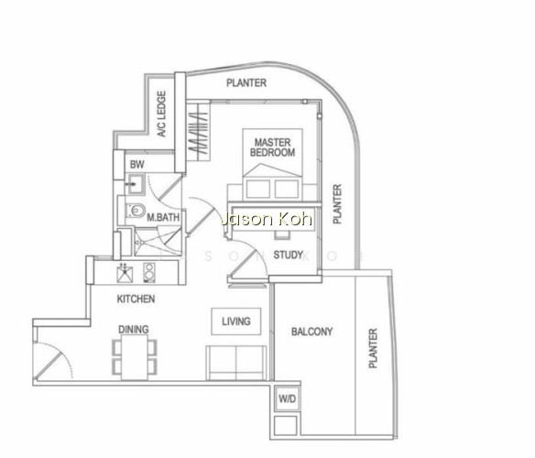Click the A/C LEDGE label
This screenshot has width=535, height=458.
pos(162,114)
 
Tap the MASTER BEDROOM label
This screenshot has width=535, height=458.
pos(273,147)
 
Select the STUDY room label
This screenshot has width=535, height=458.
pos(288,255)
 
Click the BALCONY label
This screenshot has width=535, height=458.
pos(311,332)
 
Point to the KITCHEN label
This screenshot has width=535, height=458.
pos(136,299)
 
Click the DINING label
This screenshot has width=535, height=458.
pos(134,330)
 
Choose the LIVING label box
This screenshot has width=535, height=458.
pos(236,322)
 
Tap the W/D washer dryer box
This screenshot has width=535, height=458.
pos(288,399)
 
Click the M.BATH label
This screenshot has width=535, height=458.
pos(163,217)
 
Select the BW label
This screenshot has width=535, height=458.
pos(136,165)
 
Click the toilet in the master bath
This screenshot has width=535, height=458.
pos(136,211)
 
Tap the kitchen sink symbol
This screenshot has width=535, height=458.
pos(125,273)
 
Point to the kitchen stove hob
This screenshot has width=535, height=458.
pos(149,272)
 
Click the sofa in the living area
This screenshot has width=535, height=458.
pos(236,363)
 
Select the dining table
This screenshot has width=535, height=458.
pos(135,357)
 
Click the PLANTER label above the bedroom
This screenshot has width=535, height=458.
pos(246,82)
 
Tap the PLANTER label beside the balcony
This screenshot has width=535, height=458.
pos(373,348)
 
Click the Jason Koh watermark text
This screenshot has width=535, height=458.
pos(267,219)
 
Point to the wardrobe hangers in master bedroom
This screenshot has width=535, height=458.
pos(198,133)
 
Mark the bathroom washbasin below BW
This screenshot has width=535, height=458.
pos(136,184)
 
